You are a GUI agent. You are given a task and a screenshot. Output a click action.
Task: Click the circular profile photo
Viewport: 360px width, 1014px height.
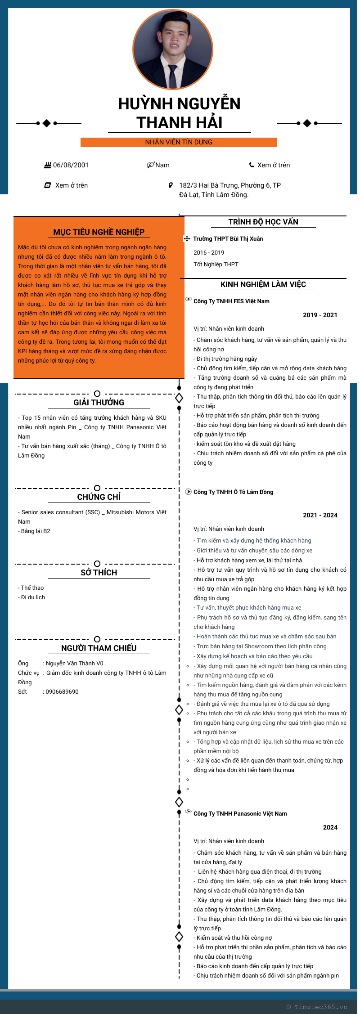(173, 49)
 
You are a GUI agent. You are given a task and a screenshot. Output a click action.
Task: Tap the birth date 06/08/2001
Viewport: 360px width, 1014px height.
(71, 165)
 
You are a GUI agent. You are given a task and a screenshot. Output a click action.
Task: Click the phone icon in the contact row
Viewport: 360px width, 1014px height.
(252, 165)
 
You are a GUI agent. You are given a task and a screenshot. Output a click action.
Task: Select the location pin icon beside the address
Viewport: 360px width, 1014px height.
(171, 185)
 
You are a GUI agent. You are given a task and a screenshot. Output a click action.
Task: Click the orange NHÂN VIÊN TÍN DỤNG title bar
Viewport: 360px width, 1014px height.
(179, 142)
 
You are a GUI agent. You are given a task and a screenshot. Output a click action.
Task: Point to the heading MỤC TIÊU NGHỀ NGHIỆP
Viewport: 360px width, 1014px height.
(99, 232)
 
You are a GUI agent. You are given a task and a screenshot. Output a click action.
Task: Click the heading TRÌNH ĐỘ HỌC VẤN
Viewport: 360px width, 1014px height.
(263, 222)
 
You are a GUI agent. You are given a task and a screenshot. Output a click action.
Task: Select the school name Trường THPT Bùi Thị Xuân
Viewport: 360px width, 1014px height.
(228, 238)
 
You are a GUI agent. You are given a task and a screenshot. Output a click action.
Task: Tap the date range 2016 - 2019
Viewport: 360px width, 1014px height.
(209, 252)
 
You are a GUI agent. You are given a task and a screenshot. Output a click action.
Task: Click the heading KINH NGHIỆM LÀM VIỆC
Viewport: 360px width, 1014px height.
(263, 284)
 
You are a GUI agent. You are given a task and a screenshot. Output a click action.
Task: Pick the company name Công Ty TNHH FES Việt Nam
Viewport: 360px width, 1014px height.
(231, 301)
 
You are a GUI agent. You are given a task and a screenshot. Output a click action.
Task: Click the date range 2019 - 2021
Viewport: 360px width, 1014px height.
(320, 315)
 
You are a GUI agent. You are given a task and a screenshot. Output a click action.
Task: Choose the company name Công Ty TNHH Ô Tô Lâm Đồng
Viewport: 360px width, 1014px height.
(233, 492)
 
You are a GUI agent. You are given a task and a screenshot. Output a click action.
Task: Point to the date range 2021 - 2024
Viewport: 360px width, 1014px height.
(320, 515)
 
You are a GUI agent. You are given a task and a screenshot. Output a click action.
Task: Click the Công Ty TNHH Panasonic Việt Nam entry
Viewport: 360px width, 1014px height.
(240, 813)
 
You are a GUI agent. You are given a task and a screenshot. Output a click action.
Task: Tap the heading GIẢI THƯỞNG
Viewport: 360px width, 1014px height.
(99, 403)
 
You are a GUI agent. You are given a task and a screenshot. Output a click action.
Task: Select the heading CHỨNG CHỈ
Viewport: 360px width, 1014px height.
(99, 497)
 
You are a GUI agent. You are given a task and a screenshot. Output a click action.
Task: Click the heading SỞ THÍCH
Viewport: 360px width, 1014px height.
(99, 573)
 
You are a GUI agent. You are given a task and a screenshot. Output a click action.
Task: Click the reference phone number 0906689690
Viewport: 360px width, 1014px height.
(62, 691)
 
